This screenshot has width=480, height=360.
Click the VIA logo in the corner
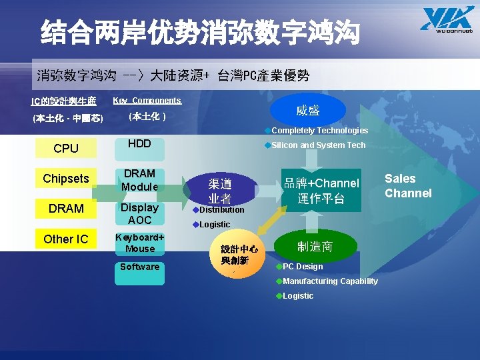pos(446,18)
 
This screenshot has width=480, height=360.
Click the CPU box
pos(66,149)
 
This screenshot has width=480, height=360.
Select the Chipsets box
pos(66,179)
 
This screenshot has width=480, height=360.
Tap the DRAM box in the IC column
pos(66,209)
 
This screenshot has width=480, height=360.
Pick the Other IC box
pos(66,239)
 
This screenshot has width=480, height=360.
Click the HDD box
pos(139,144)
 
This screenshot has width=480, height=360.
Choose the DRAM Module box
pos(139,180)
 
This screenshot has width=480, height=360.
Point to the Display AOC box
pos(139,213)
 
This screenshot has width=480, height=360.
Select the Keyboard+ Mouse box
pos(139,243)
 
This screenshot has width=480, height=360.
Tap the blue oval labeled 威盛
pos(308,109)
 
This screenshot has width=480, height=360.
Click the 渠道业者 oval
pos(220,190)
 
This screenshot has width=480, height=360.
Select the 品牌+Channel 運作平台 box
pos(321,191)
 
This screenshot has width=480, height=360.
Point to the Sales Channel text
pos(408,186)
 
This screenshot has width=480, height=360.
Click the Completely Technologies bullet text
pos(319,131)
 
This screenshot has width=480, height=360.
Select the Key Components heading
pos(147,101)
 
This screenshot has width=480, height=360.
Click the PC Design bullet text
pos(303,267)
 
